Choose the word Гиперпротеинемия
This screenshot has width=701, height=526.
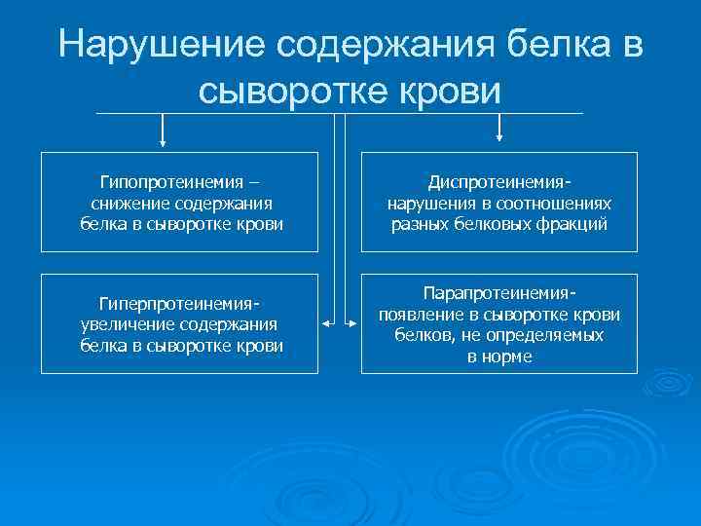tap(179, 304)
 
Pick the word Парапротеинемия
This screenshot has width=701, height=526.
tap(498, 293)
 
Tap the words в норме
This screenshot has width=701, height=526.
tap(499, 356)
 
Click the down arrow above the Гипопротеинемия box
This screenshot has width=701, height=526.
tap(163, 137)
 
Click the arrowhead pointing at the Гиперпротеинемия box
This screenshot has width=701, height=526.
tap(325, 322)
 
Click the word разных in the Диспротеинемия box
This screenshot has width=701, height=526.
tap(418, 223)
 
